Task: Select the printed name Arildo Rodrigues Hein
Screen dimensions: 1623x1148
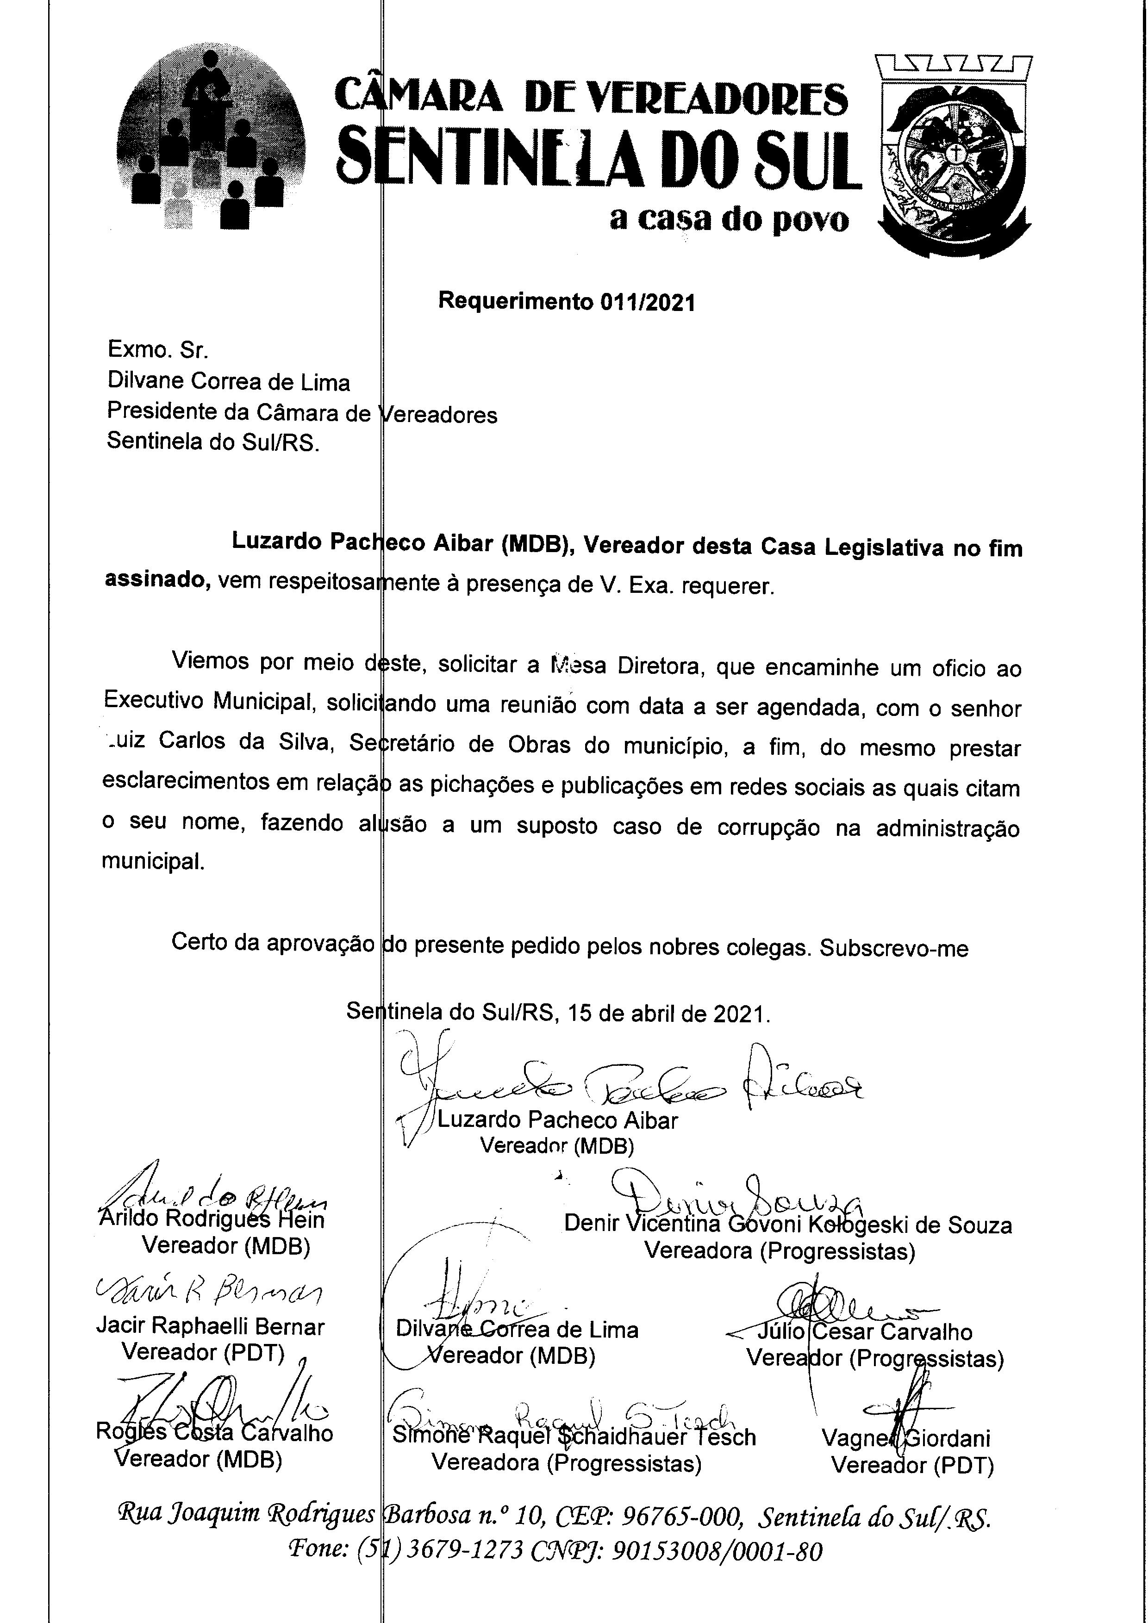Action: tap(212, 1219)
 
